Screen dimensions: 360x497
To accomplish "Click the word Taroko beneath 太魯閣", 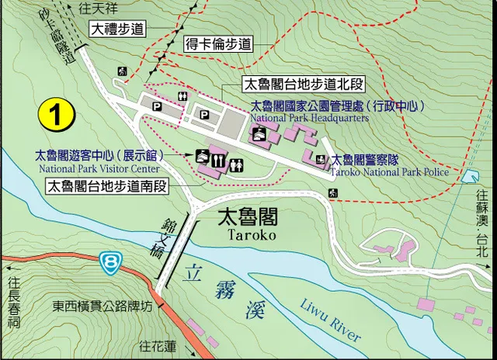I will coord(250,234).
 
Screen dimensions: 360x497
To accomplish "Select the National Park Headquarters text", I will coord(309,119).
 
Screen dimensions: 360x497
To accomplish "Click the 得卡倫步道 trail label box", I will coord(218,45).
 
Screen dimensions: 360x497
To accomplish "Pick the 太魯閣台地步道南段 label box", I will coord(107,186).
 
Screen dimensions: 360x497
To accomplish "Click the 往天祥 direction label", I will coord(100,8).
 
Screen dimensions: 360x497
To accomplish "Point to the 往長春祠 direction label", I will coord(13,304).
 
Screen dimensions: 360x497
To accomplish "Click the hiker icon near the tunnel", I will coord(122,71).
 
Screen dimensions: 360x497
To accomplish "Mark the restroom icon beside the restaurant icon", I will coord(238,162).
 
